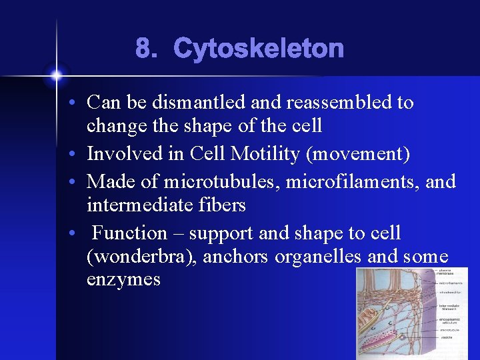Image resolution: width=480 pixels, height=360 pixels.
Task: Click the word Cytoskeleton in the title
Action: [x=259, y=49]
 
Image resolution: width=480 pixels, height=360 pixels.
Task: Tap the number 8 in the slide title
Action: [x=144, y=49]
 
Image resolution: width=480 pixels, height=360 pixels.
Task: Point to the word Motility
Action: [x=265, y=154]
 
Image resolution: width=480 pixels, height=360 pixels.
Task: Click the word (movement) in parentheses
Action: [x=357, y=154]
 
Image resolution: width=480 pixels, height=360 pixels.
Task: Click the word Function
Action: [x=129, y=233]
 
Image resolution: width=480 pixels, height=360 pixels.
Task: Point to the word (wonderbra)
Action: [x=141, y=257]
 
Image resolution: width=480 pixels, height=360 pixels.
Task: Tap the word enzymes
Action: [x=123, y=279]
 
